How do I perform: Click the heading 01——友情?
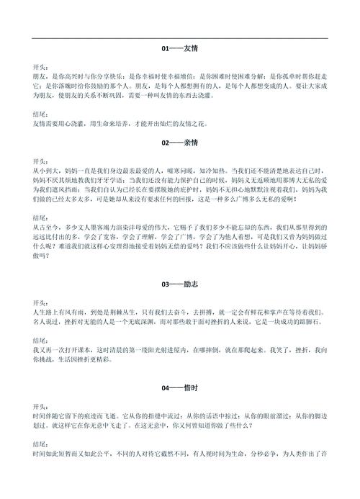pyautogui.click(x=179, y=49)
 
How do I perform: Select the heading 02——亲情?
pyautogui.click(x=179, y=143)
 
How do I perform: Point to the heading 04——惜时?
pyautogui.click(x=179, y=388)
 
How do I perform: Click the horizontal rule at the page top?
pyautogui.click(x=180, y=38)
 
